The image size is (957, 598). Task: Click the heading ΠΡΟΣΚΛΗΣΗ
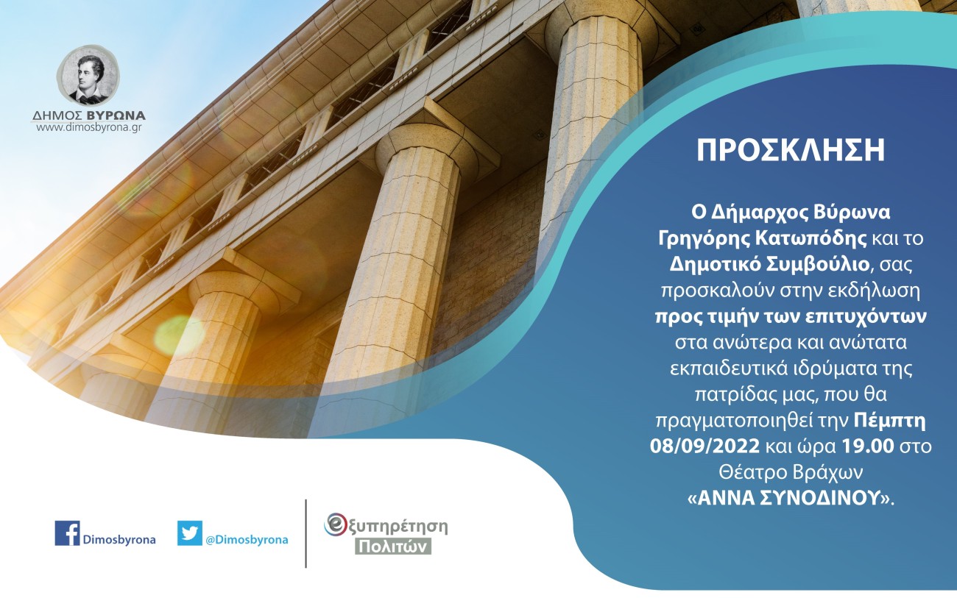pyautogui.click(x=791, y=150)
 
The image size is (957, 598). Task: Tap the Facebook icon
pyautogui.click(x=67, y=533)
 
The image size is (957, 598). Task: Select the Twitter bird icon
pyautogui.click(x=189, y=533)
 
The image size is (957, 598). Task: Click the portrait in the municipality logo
pyautogui.click(x=88, y=76)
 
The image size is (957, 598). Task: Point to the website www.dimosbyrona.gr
pyautogui.click(x=88, y=127)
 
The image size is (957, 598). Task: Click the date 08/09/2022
pyautogui.click(x=696, y=445)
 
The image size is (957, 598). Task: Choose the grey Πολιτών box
pyautogui.click(x=393, y=547)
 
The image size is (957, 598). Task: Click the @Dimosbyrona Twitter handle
pyautogui.click(x=247, y=540)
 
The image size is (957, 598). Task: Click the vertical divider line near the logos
pyautogui.click(x=306, y=533)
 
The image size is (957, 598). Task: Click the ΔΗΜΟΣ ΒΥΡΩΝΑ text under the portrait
pyautogui.click(x=88, y=115)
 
